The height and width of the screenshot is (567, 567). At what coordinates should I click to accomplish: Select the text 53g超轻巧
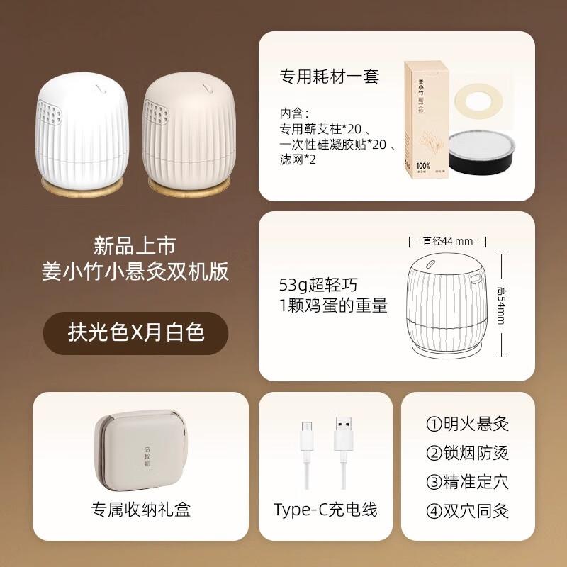click(x=319, y=286)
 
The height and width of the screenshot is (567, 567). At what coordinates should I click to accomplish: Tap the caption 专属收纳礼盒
click(x=140, y=509)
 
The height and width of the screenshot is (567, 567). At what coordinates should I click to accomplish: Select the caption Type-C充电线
click(x=325, y=509)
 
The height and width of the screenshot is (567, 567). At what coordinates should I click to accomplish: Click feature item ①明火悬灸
click(x=468, y=425)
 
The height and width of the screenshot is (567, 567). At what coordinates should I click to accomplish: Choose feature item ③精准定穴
click(x=468, y=483)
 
